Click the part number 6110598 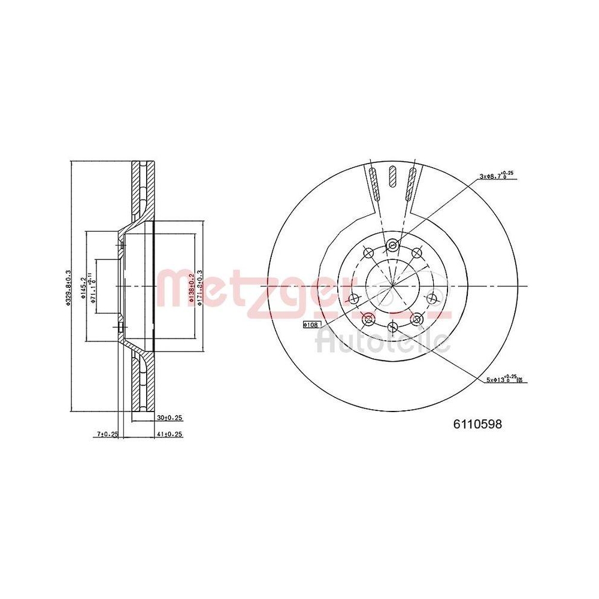click(476, 424)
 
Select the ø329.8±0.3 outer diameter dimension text click(69, 286)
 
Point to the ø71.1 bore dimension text click(93, 286)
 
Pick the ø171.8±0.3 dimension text click(200, 286)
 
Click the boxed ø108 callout click(312, 324)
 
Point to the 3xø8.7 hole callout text click(496, 176)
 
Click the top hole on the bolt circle click(392, 244)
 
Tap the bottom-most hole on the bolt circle click(392, 326)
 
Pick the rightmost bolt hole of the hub click(431, 298)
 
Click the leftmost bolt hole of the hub click(353, 298)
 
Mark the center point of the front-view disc click(392, 286)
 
